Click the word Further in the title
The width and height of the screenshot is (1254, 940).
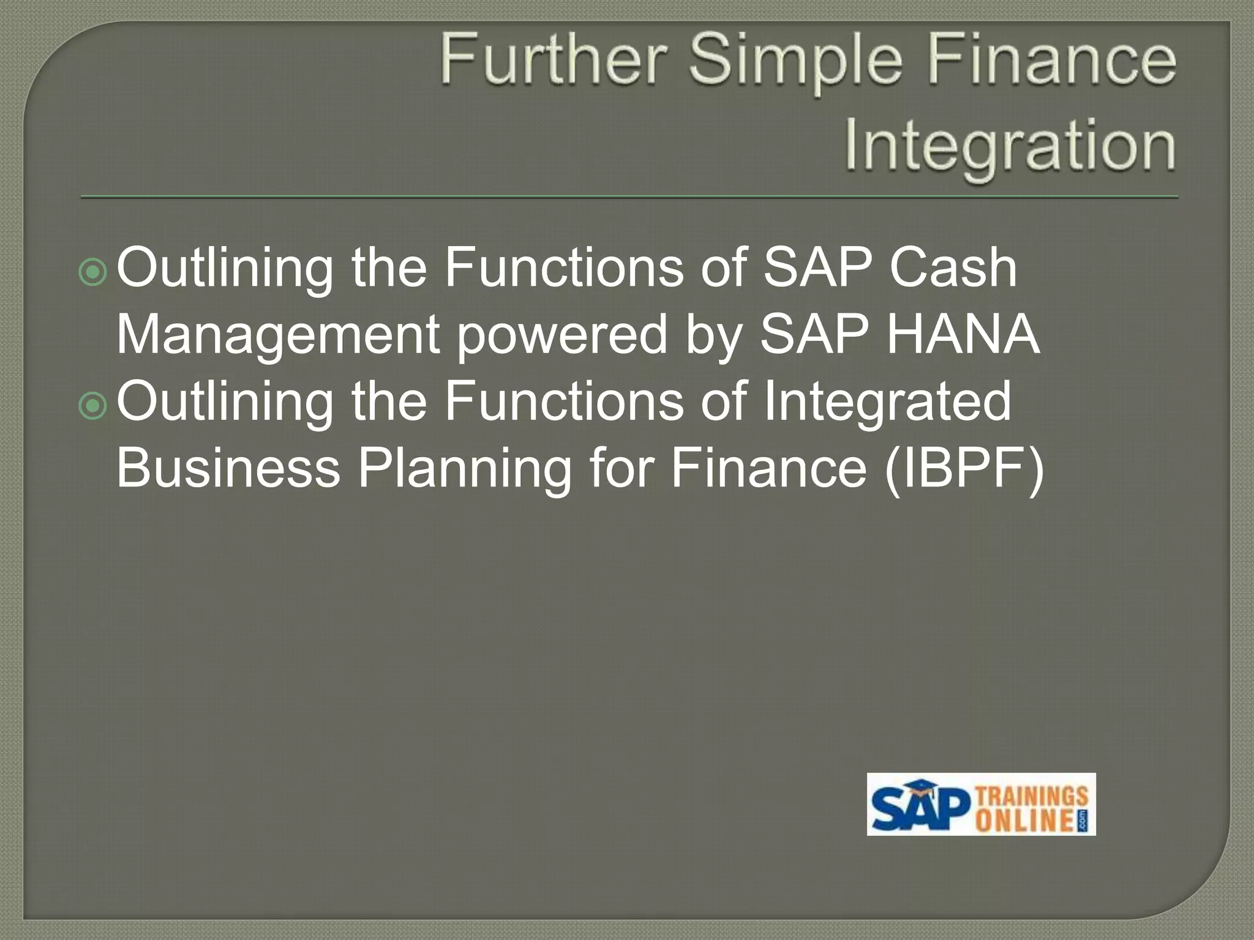click(x=553, y=59)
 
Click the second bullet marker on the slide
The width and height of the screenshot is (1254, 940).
click(x=93, y=405)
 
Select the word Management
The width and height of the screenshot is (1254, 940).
click(x=278, y=335)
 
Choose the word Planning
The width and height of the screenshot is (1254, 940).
click(x=464, y=469)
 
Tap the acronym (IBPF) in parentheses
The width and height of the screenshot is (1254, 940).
click(x=964, y=469)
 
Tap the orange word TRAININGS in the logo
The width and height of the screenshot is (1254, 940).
click(x=1032, y=796)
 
